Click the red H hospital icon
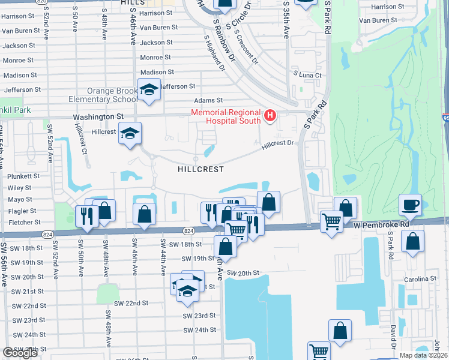click(x=270, y=115)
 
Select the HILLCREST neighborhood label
click(x=200, y=170)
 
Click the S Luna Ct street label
click(x=307, y=75)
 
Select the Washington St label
click(x=98, y=117)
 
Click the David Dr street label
click(x=393, y=337)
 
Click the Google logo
click(x=20, y=353)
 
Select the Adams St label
click(x=208, y=101)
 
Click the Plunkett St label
click(x=24, y=176)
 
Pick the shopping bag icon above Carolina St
click(x=413, y=242)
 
